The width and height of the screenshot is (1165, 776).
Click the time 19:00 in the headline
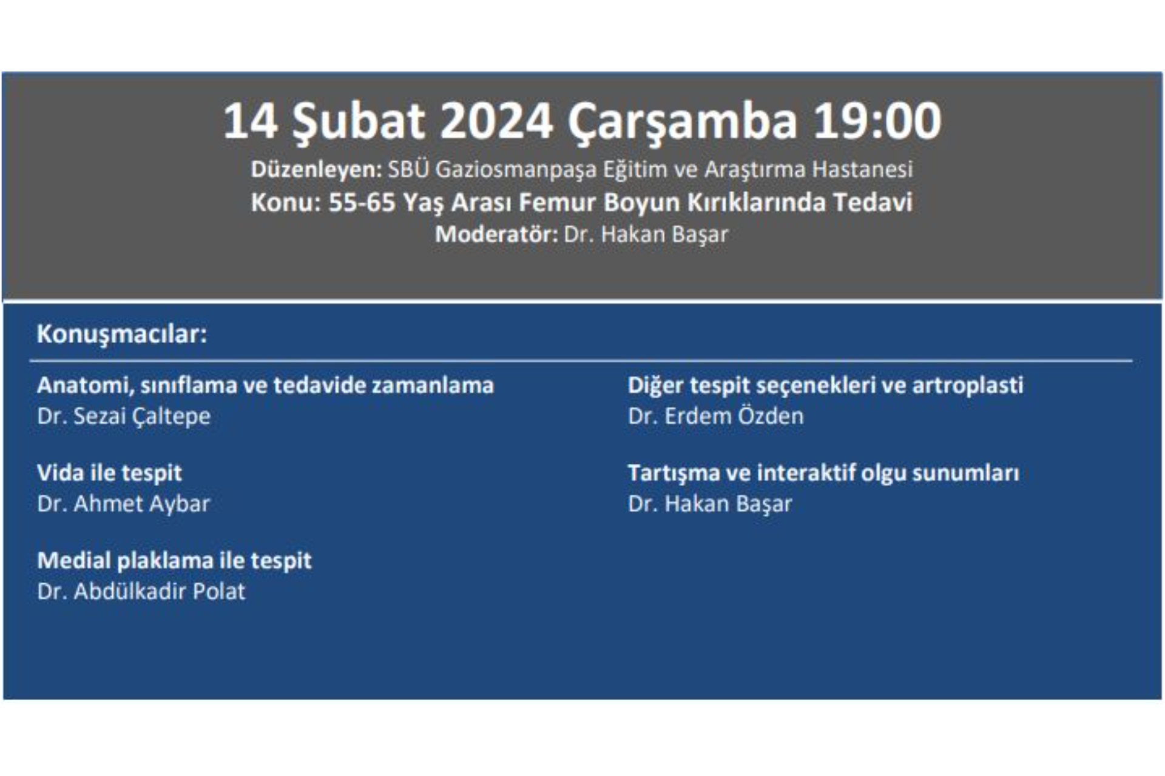[x=877, y=121]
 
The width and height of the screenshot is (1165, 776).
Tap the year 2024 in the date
[x=496, y=121]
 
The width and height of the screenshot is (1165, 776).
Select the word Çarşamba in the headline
[x=682, y=121]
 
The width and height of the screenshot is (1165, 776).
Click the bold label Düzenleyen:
[x=316, y=170]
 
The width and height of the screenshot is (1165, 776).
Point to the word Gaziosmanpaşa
[x=516, y=170]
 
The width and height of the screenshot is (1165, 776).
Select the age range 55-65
[x=362, y=202]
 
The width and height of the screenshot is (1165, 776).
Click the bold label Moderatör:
[x=496, y=235]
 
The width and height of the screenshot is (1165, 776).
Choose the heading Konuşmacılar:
[x=122, y=334]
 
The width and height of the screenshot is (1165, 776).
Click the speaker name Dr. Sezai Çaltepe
[x=124, y=416]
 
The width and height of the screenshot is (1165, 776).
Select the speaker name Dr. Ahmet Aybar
[x=123, y=504]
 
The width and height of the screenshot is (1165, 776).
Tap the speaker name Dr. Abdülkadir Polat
[x=141, y=592]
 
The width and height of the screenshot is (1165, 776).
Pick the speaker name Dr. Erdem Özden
[x=715, y=416]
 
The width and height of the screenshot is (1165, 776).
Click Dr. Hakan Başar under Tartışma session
[x=710, y=504]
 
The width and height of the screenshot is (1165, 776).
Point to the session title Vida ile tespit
[x=109, y=473]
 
